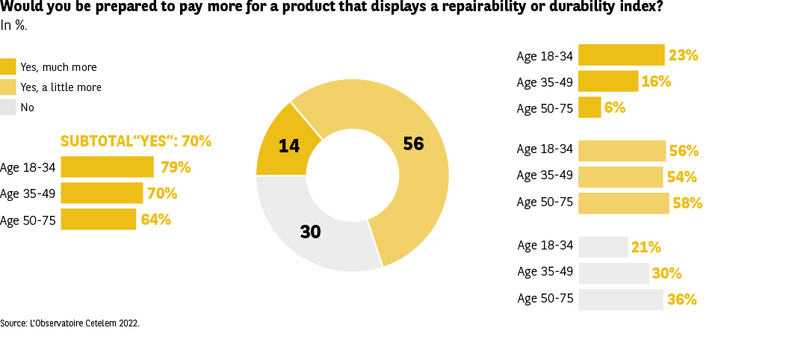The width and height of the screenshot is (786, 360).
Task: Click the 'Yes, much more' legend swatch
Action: pyautogui.click(x=8, y=66)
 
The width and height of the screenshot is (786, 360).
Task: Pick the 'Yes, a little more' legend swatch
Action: pyautogui.click(x=8, y=87)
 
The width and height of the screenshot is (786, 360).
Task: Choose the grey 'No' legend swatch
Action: pyautogui.click(x=8, y=107)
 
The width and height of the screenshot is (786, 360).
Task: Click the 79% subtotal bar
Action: pyautogui.click(x=107, y=167)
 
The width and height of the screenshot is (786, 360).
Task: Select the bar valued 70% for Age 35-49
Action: pyautogui.click(x=102, y=193)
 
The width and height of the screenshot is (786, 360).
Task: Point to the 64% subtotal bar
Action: pyautogui.click(x=99, y=220)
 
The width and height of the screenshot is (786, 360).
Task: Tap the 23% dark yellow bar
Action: pyautogui.click(x=621, y=55)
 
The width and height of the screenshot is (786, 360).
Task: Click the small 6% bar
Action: pyautogui.click(x=589, y=108)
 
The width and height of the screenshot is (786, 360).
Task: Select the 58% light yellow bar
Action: pyautogui.click(x=623, y=203)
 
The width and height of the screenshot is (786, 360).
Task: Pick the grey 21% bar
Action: pyautogui.click(x=603, y=247)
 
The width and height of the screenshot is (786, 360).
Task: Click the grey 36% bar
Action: pyautogui.click(x=620, y=300)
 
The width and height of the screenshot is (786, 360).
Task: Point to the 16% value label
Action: pyautogui.click(x=656, y=81)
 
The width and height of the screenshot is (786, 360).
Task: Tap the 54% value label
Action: pyautogui.click(x=681, y=177)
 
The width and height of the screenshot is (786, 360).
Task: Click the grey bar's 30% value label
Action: pyautogui.click(x=666, y=273)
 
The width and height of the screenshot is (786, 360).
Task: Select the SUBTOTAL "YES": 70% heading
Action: pyautogui.click(x=135, y=141)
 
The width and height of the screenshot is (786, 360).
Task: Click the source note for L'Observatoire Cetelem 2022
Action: pyautogui.click(x=69, y=323)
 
